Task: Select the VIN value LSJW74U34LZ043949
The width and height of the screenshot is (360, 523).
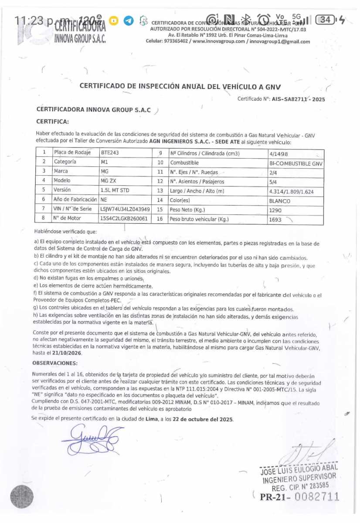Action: [125, 209]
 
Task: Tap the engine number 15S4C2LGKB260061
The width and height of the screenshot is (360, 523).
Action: [124, 219]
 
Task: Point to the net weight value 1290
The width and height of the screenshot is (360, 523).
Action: [275, 210]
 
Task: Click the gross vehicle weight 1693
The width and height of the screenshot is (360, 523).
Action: [275, 220]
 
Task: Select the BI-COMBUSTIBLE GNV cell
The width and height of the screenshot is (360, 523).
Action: [296, 163]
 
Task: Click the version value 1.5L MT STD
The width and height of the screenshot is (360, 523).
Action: [115, 190]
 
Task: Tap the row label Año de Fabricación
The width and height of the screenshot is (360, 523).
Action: [75, 200]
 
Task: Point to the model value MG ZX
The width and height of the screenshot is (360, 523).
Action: [109, 181]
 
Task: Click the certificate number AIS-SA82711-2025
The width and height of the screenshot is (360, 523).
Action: [298, 99]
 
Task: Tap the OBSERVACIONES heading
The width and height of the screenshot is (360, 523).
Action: [55, 363]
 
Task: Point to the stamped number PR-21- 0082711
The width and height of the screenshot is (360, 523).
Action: [299, 496]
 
